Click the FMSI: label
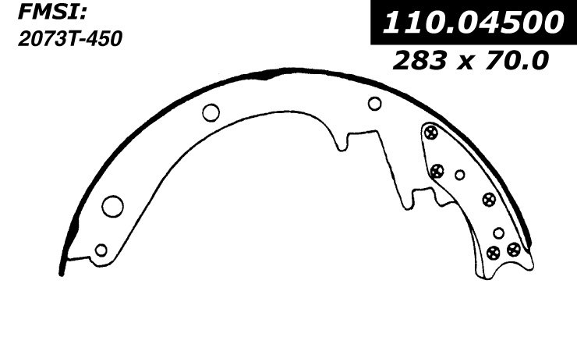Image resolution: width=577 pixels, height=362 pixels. pyautogui.click(x=52, y=12)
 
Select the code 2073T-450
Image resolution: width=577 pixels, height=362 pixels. pyautogui.click(x=70, y=38)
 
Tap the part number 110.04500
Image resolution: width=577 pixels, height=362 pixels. pyautogui.click(x=473, y=22)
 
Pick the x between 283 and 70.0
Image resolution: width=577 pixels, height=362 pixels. pyautogui.click(x=465, y=62)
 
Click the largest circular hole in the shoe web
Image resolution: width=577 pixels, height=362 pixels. pyautogui.click(x=112, y=206)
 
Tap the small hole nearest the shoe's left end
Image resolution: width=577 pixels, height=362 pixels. pyautogui.click(x=101, y=250)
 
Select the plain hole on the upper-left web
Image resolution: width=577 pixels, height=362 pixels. pyautogui.click(x=211, y=112)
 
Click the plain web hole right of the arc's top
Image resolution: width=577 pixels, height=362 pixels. pyautogui.click(x=374, y=104)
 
